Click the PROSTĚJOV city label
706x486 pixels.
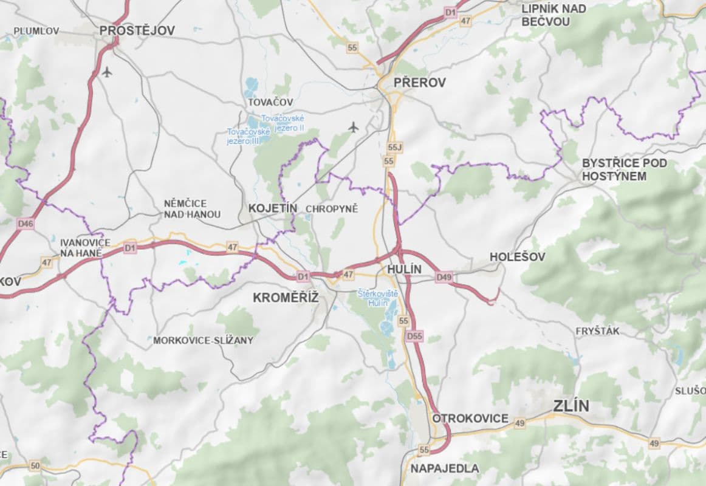(137, 30)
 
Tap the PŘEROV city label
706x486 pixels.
(419, 83)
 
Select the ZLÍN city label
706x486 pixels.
(571, 406)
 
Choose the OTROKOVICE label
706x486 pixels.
(470, 419)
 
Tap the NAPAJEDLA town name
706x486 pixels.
(444, 468)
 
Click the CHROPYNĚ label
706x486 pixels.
(332, 209)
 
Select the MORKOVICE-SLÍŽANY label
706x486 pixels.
(203, 341)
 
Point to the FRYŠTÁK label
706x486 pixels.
(597, 331)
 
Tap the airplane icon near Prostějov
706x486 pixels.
(107, 72)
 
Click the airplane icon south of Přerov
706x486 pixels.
(354, 127)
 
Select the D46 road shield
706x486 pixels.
(26, 224)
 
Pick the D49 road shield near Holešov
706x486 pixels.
(444, 278)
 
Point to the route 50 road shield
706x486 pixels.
(35, 466)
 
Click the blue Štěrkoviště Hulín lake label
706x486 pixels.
(377, 298)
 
